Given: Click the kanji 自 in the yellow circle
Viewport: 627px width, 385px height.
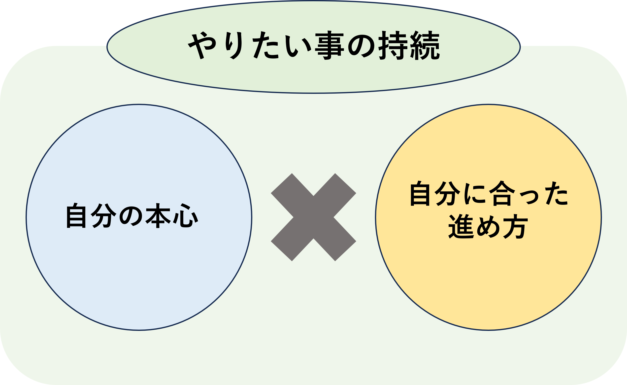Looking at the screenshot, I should [420, 194].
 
